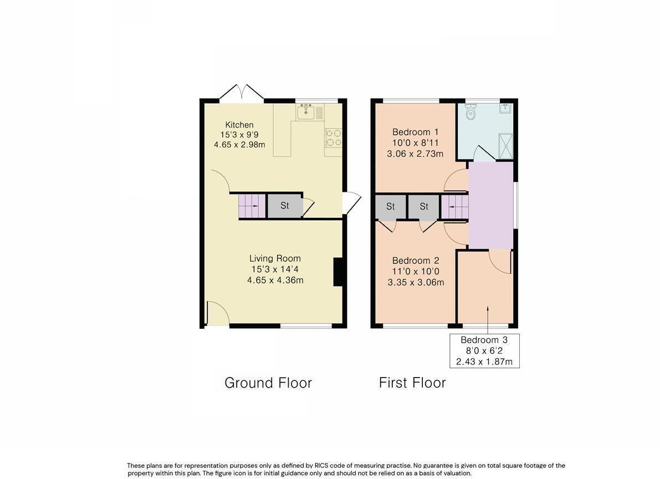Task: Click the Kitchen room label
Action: tap(239, 125)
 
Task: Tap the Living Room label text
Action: tap(275, 258)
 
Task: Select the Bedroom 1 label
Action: tap(415, 132)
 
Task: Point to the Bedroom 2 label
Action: tap(416, 261)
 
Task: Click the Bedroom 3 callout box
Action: tap(484, 351)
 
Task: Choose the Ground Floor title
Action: tap(268, 383)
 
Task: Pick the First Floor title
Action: tap(412, 383)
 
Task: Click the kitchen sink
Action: tap(305, 113)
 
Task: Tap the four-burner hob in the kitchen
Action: tap(333, 137)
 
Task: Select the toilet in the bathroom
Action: tap(470, 114)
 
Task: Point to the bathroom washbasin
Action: tap(505, 109)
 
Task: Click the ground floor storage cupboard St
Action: tap(284, 206)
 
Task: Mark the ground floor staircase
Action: tap(249, 206)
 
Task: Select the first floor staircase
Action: tap(454, 207)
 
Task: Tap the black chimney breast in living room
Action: tap(337, 272)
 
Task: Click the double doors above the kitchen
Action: tap(241, 93)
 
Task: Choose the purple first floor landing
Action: tap(490, 205)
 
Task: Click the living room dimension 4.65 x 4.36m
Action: tap(275, 281)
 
